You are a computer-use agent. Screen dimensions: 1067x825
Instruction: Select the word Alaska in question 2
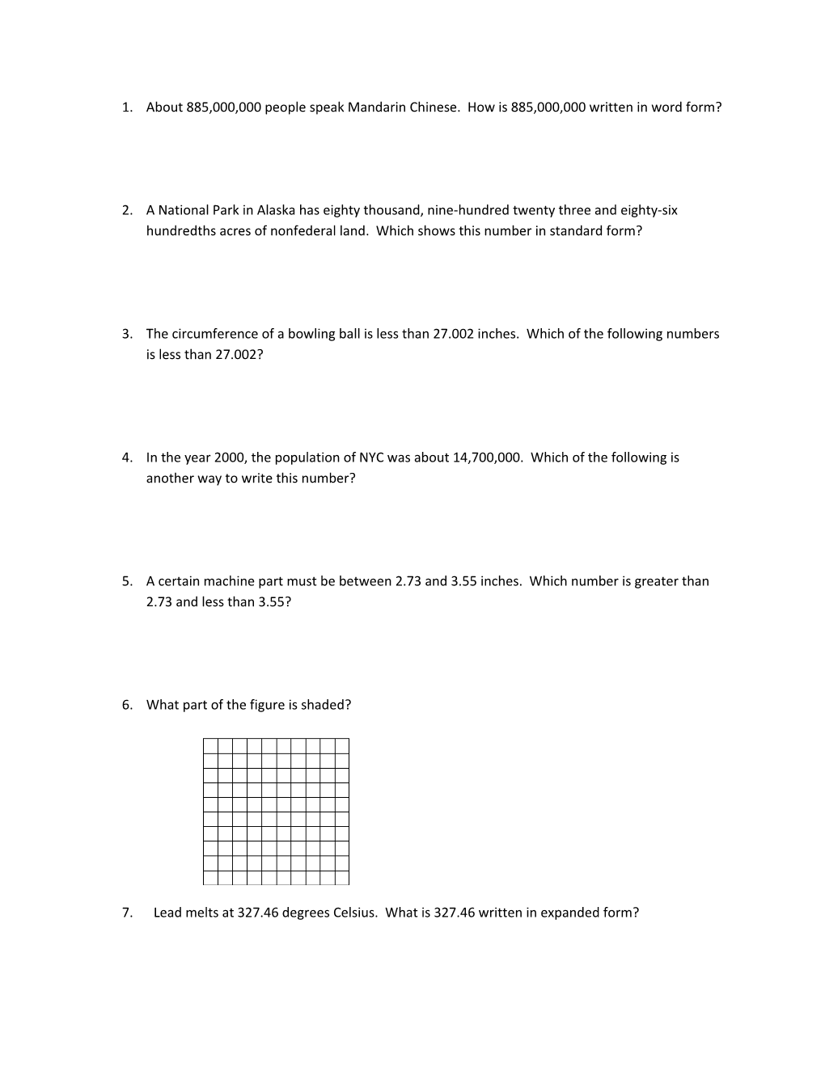click(x=276, y=210)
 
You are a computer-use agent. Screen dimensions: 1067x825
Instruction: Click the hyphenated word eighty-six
click(x=649, y=210)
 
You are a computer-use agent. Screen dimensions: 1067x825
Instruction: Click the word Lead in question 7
click(x=167, y=913)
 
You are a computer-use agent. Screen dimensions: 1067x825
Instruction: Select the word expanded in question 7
click(x=569, y=913)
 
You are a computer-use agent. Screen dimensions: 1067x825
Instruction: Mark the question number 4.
click(x=127, y=458)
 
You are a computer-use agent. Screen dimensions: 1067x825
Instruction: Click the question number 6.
click(x=127, y=705)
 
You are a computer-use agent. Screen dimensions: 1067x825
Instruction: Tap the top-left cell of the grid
click(x=210, y=745)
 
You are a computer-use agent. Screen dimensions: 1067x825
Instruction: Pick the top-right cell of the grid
click(x=342, y=745)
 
